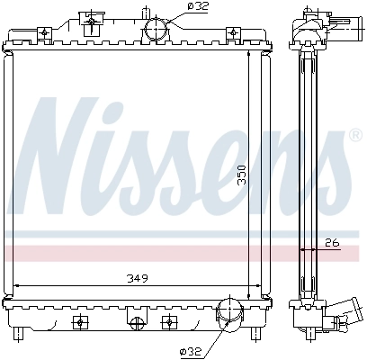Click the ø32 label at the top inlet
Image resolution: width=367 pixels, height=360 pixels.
click(198, 6)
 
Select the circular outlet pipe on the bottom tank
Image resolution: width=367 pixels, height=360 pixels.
click(229, 316)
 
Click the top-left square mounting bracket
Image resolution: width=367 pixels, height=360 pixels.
click(44, 34)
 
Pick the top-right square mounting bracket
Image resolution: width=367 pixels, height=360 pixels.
click(234, 34)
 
